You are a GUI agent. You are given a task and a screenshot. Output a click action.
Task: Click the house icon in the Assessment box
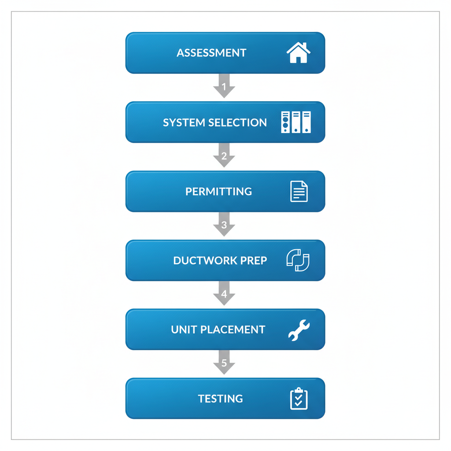point(298,53)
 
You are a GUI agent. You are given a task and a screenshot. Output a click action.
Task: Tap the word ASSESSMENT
point(211,53)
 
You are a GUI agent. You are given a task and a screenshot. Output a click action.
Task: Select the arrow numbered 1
point(224,86)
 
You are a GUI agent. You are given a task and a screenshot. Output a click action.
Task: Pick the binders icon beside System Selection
point(296,122)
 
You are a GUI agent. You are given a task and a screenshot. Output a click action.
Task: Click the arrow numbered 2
point(224,156)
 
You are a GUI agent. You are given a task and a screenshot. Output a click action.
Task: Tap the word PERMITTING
point(218,192)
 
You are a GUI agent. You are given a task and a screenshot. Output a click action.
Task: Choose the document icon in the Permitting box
point(299,192)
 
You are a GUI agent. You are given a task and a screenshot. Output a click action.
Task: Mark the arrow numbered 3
point(224,225)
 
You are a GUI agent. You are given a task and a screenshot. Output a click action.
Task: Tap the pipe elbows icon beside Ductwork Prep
point(298,260)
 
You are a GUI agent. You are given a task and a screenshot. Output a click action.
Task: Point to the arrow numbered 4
point(224,294)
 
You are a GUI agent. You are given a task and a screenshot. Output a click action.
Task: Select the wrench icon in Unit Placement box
point(299,330)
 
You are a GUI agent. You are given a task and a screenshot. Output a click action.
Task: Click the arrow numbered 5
point(224,363)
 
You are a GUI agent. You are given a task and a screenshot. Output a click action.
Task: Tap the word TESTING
point(220,399)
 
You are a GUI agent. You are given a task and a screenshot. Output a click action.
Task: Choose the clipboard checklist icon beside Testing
point(299,399)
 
